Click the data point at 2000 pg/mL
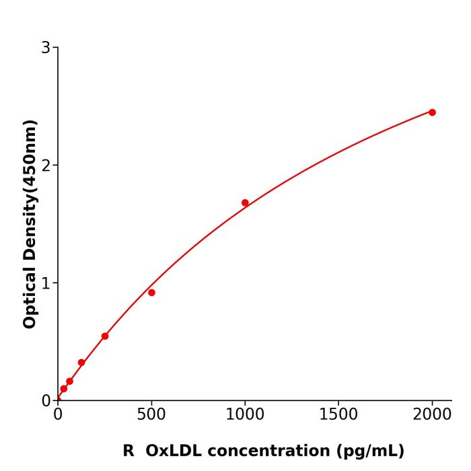(432, 112)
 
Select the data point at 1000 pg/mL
(245, 203)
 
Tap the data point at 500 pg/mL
(151, 293)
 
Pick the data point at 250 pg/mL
(105, 336)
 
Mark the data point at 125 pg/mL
(81, 363)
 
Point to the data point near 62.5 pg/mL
(69, 382)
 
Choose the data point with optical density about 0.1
(64, 389)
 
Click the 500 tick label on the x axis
(151, 415)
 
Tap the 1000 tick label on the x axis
(245, 415)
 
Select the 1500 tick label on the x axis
(338, 415)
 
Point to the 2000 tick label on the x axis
(432, 415)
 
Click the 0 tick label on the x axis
(58, 415)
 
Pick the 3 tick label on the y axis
(46, 48)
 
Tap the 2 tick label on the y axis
(46, 166)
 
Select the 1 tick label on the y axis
(46, 283)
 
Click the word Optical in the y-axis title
(30, 296)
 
